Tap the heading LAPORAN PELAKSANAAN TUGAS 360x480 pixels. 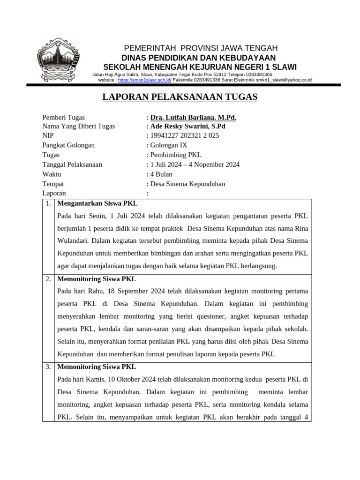[x=180, y=97]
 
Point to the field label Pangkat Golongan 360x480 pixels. [x=68, y=145]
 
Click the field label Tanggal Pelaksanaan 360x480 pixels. [x=72, y=165]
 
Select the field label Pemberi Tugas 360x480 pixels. [x=64, y=118]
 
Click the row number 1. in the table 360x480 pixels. [x=49, y=204]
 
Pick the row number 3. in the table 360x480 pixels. [x=49, y=367]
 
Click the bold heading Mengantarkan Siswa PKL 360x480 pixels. [x=97, y=204]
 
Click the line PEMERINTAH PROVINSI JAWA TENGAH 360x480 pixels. [x=200, y=48]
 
